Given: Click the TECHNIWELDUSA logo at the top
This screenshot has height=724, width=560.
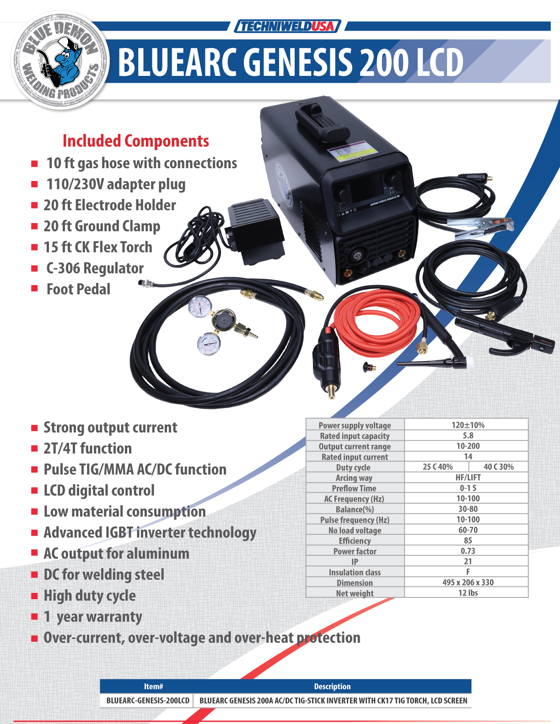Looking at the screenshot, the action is [x=287, y=26].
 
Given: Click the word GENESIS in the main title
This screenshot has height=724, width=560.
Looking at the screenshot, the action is [x=297, y=62].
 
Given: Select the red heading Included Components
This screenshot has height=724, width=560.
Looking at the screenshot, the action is [x=136, y=141].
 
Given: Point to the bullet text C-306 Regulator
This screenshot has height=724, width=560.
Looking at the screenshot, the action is [x=95, y=268].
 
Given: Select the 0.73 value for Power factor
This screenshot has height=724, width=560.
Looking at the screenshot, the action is [x=468, y=551].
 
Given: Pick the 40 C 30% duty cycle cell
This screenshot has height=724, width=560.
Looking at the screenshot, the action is [x=499, y=467].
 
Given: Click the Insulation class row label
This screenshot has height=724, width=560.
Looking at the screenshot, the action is [x=355, y=572].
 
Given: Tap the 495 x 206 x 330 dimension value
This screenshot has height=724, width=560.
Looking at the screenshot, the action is [x=468, y=582].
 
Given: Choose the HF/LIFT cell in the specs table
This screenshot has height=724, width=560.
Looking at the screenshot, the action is [x=468, y=478].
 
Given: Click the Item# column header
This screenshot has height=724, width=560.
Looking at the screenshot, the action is [x=153, y=687].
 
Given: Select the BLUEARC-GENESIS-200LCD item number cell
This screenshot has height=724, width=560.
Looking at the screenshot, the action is [x=148, y=701].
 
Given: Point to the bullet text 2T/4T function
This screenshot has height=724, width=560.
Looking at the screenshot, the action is [x=88, y=448].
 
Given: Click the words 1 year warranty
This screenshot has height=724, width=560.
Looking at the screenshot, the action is [x=93, y=617].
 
